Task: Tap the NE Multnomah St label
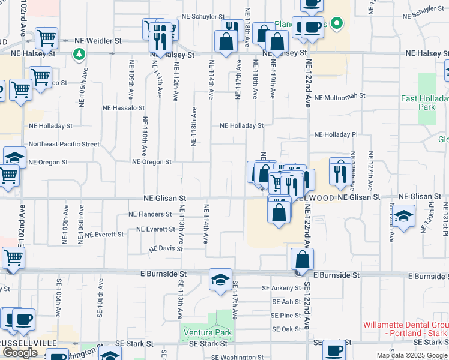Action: (340, 96)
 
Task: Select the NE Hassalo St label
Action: (124, 108)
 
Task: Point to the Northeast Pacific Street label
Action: (64, 144)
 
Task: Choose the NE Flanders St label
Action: (150, 214)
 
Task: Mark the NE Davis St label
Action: (166, 248)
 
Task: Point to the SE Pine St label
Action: (286, 315)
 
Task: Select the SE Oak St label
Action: (286, 329)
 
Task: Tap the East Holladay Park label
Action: (426, 103)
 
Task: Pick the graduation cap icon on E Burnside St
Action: (220, 279)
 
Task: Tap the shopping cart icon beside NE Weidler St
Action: (46, 38)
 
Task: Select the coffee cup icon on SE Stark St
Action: (334, 350)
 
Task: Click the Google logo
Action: (20, 353)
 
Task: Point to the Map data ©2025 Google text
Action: (412, 355)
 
